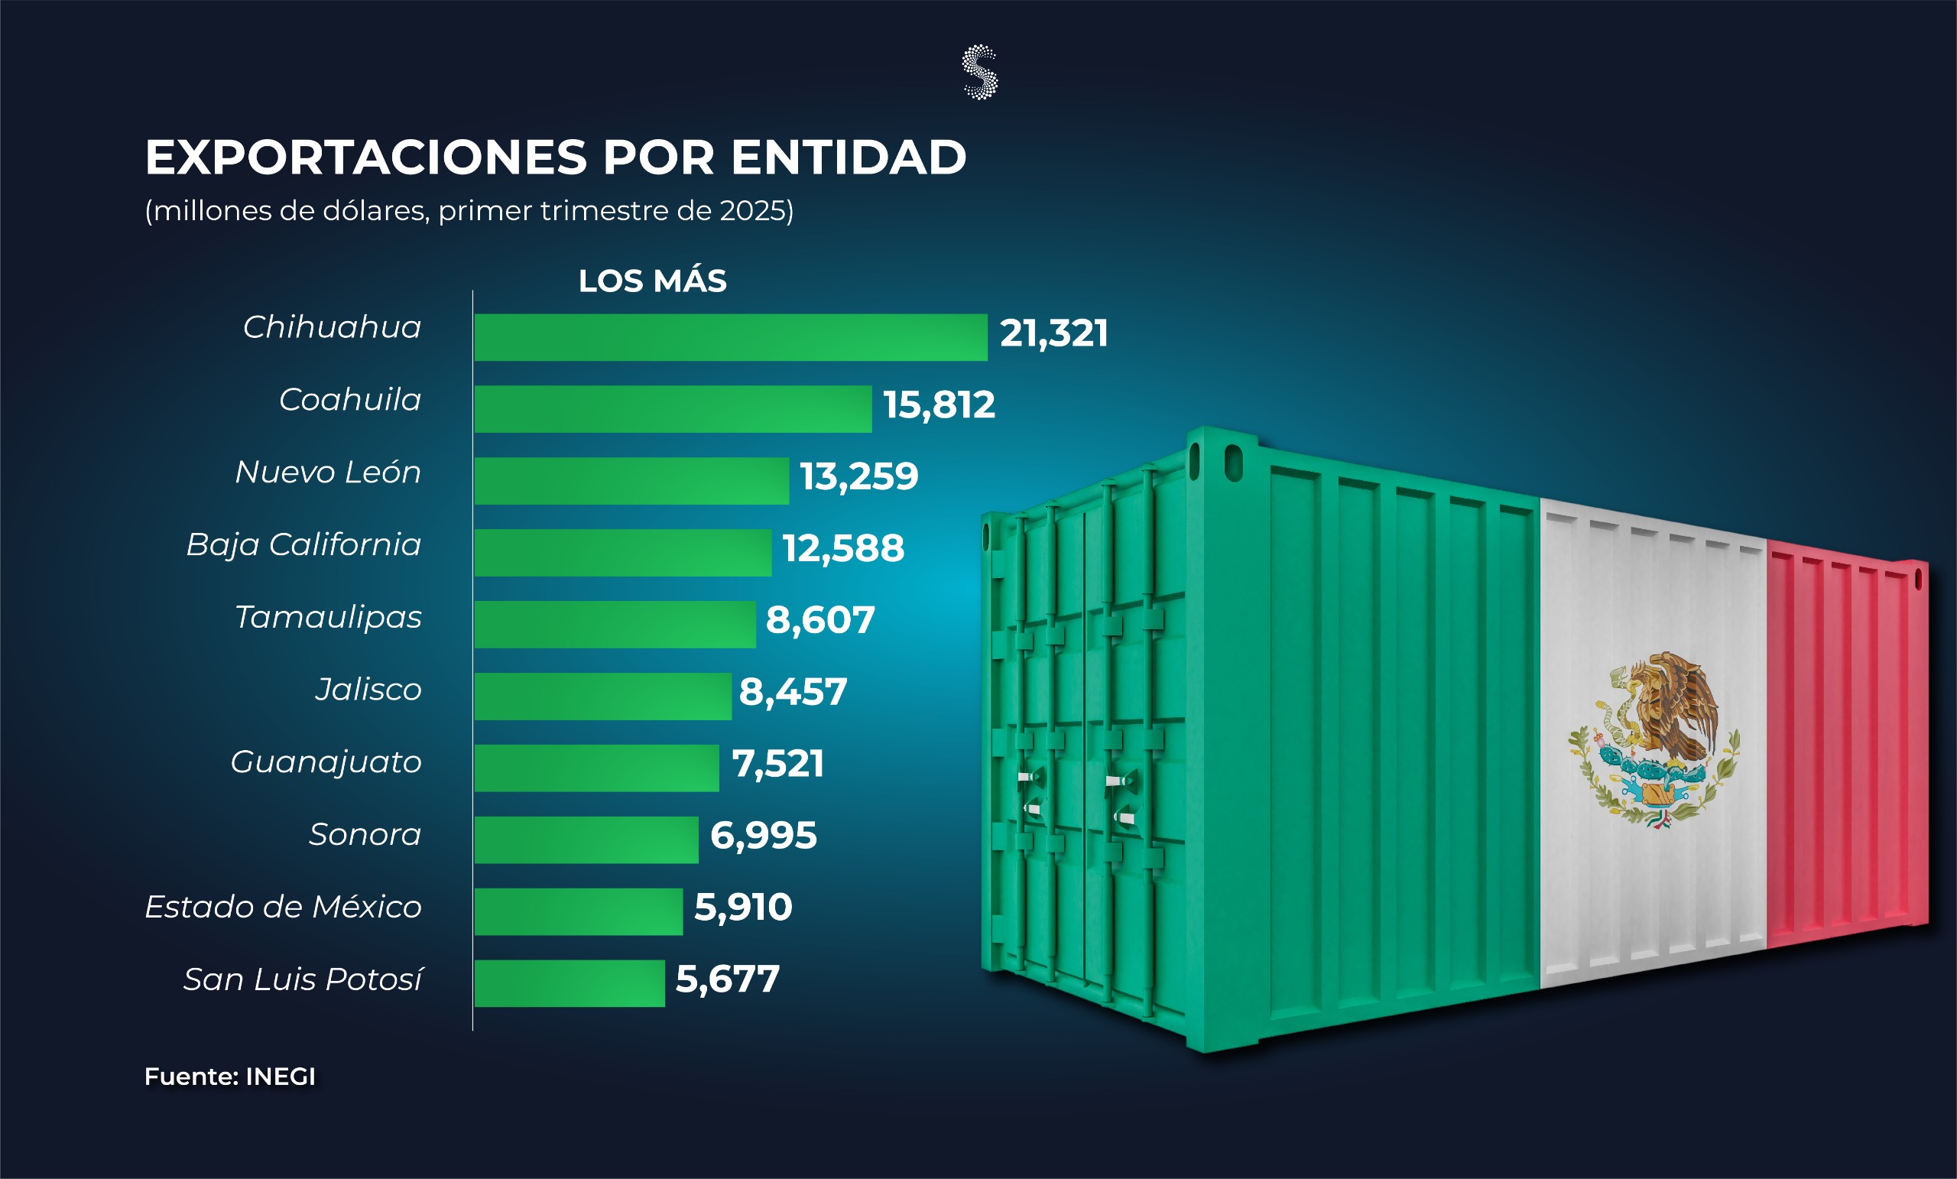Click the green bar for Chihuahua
tap(730, 337)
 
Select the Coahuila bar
tap(673, 409)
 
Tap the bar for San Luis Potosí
tap(569, 983)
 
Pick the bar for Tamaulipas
tap(615, 625)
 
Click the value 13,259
tap(858, 476)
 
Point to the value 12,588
tap(842, 548)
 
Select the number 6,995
tap(763, 836)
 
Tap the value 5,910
tap(742, 908)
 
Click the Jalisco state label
tap(368, 690)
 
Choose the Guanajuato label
tap(326, 762)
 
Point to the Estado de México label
tap(283, 907)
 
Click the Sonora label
tap(365, 834)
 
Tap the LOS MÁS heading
tap(652, 281)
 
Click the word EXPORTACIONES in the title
tap(365, 158)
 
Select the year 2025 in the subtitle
tap(753, 210)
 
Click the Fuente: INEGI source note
tap(229, 1077)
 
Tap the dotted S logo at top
tap(979, 72)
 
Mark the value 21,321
tap(1053, 333)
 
